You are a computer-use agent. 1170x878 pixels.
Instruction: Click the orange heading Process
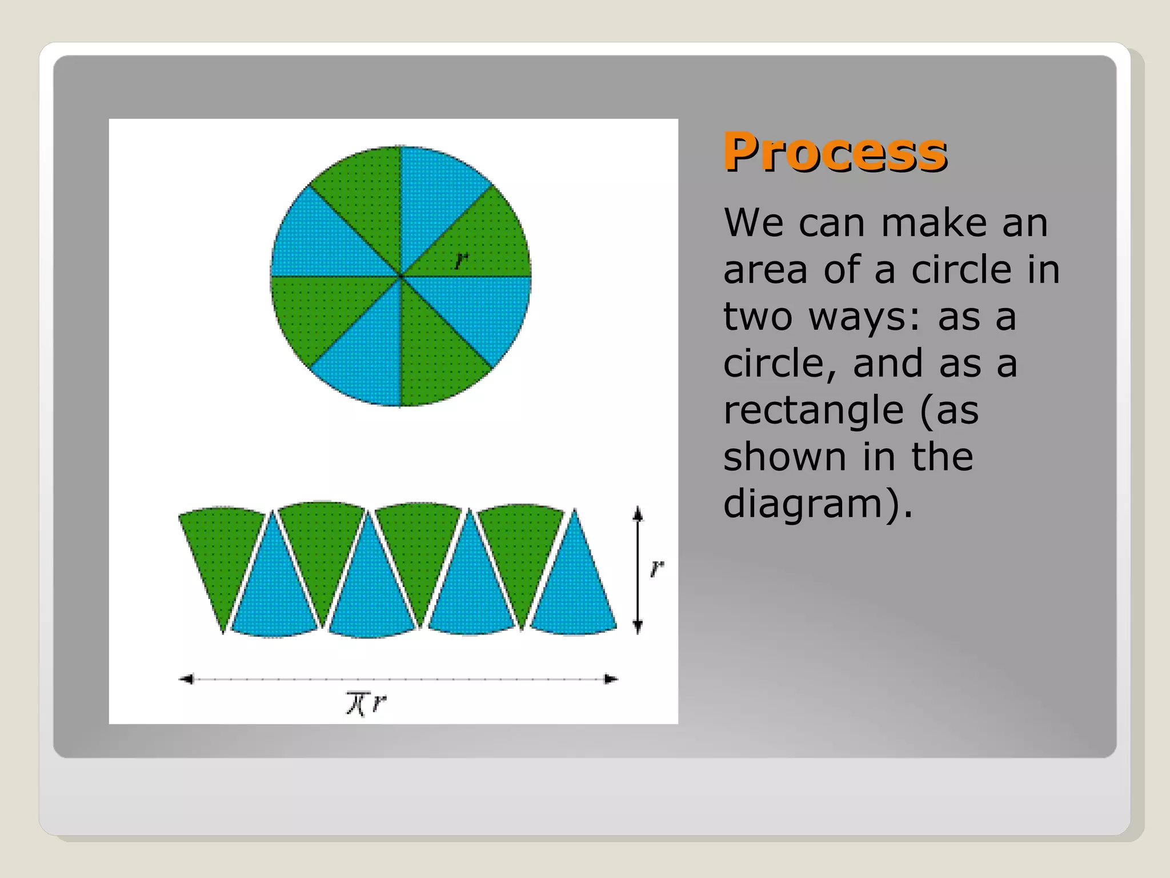coord(835,152)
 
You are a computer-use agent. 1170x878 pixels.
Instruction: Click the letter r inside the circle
coord(461,261)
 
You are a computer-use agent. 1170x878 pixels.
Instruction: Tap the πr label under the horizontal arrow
coord(366,703)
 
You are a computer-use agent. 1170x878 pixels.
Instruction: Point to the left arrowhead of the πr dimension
coord(186,679)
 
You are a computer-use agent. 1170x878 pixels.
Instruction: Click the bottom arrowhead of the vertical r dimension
coord(638,627)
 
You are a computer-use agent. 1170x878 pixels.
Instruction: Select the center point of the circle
coord(401,276)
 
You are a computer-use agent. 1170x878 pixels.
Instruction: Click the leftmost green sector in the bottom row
coord(220,549)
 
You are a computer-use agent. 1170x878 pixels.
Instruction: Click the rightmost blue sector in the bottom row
coord(574,594)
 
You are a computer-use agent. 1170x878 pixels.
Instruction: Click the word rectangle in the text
coord(814,410)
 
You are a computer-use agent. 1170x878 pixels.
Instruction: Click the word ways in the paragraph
coord(858,317)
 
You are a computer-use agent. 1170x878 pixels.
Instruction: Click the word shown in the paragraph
coord(784,457)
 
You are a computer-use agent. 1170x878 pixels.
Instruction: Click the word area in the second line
coord(765,270)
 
